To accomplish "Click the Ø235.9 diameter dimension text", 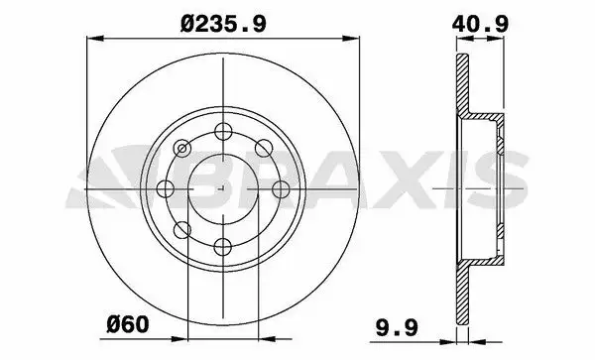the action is (223, 24).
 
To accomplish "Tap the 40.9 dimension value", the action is (480, 24).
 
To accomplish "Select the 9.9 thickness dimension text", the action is (397, 327).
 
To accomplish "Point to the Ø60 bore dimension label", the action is (128, 324).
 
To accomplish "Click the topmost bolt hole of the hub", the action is (223, 131).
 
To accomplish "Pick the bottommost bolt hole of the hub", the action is (223, 247).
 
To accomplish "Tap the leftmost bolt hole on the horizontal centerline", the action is (166, 188).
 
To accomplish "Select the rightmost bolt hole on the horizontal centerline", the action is (282, 188).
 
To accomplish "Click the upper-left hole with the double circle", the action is (182, 149).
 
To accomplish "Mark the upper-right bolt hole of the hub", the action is (264, 148).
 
